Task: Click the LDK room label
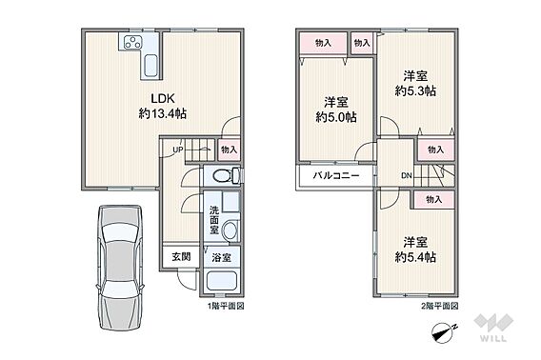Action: point(163,99)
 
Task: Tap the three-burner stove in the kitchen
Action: point(132,42)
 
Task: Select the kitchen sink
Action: point(151,65)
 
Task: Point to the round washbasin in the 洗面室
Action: point(230,230)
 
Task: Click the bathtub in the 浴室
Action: point(221,282)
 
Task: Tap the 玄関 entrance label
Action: point(181,256)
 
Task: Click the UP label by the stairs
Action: point(178,150)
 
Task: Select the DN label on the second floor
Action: point(407,175)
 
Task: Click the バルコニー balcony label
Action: point(336,175)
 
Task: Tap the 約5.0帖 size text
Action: point(336,117)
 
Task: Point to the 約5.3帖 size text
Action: point(415,90)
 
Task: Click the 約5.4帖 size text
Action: point(415,257)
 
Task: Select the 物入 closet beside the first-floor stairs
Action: point(230,150)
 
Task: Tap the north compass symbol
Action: point(443,332)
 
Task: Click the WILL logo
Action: point(493,328)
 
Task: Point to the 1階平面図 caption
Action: point(226,306)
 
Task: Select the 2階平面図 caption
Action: point(440,306)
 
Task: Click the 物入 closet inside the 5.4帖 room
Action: point(434,199)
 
